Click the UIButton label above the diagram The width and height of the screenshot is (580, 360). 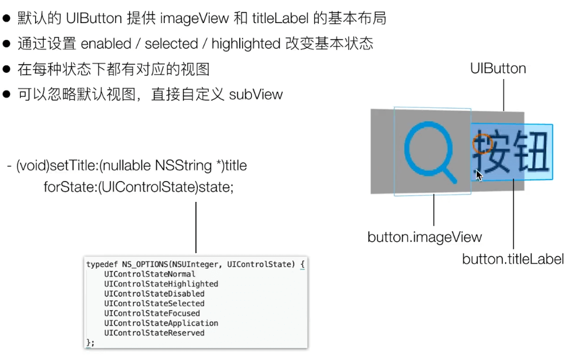[x=498, y=69]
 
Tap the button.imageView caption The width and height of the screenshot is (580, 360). [x=424, y=237]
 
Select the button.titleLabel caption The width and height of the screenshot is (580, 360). [x=513, y=259]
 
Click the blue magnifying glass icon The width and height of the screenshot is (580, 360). [x=428, y=151]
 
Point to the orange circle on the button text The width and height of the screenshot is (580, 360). [x=482, y=144]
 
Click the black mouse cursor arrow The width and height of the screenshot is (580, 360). [x=479, y=175]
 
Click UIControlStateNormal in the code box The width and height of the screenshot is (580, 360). [x=149, y=274]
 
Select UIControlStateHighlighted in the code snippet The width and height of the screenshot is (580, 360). [x=161, y=284]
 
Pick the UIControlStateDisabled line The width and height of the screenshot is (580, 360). [x=154, y=294]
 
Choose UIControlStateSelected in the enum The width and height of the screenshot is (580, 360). [x=154, y=303]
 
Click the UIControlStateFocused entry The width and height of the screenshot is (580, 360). [x=152, y=313]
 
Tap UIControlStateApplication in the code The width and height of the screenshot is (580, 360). [x=161, y=323]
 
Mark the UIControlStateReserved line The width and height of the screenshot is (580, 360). [x=154, y=333]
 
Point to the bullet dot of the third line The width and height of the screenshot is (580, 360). [x=7, y=69]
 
